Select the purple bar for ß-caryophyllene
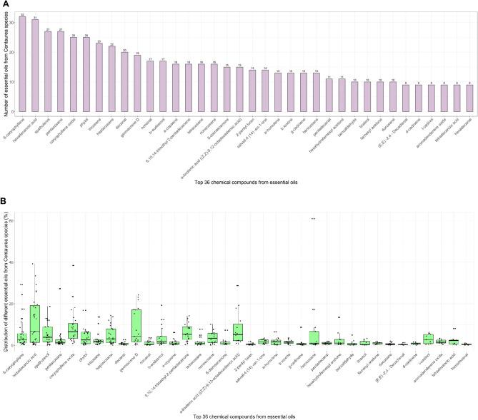click(22, 64)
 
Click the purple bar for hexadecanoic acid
click(35, 66)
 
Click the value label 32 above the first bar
click(22, 14)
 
